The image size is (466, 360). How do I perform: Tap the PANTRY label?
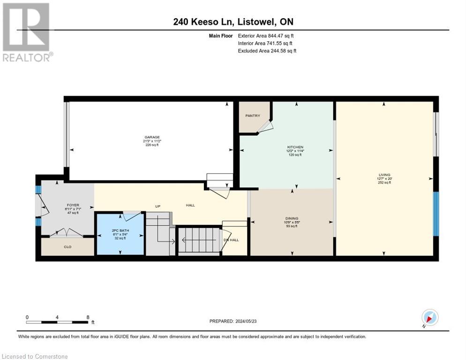pyautogui.click(x=253, y=116)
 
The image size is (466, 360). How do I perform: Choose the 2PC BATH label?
pyautogui.click(x=120, y=231)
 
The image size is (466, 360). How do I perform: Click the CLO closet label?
pyautogui.click(x=68, y=246)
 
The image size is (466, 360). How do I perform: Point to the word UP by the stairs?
pyautogui.click(x=158, y=205)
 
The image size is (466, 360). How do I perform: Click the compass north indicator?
pyautogui.click(x=429, y=317)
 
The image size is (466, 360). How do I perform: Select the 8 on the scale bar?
pyautogui.click(x=88, y=317)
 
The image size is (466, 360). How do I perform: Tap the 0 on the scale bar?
pyautogui.click(x=27, y=317)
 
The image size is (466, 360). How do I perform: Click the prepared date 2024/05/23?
pyautogui.click(x=248, y=321)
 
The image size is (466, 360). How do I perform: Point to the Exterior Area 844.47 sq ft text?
pyautogui.click(x=266, y=35)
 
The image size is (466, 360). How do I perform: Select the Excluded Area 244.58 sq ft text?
pyautogui.click(x=267, y=51)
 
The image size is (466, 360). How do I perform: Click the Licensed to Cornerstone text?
pyautogui.click(x=35, y=357)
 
